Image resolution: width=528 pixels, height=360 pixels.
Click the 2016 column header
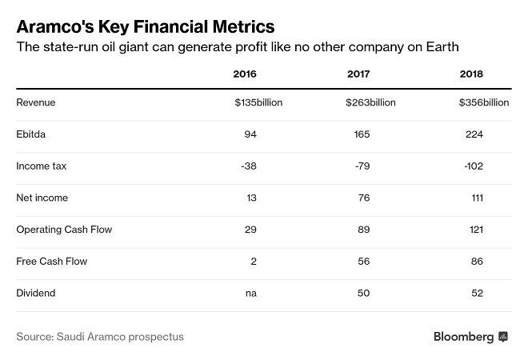(245, 74)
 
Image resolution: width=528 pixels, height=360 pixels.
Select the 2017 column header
(358, 74)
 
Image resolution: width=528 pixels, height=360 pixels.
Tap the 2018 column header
(471, 74)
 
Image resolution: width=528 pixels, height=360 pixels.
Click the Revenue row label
(35, 102)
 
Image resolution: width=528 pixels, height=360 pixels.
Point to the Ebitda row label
(31, 134)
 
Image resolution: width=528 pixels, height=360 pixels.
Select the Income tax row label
(42, 166)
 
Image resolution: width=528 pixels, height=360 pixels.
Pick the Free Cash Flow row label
(52, 262)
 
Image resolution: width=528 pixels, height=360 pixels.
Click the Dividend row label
(36, 294)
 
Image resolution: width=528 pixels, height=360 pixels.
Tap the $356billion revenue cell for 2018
(484, 102)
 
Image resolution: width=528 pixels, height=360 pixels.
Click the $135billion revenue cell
(258, 102)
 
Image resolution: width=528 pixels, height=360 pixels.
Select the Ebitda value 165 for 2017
(361, 134)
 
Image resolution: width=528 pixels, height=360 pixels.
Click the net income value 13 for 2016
(250, 198)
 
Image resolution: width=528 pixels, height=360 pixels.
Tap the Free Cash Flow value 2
(253, 262)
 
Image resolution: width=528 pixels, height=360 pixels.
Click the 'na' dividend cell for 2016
(250, 294)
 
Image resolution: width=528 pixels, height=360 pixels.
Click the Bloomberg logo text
(463, 337)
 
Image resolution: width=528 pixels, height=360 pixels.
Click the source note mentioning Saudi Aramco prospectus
(100, 337)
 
